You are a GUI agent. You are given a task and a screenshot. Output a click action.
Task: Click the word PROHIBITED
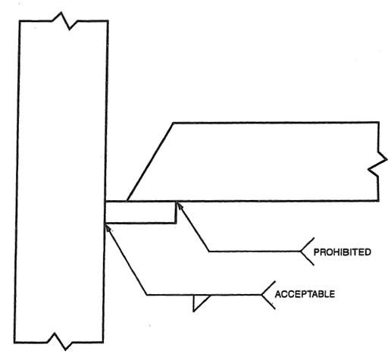click(343, 252)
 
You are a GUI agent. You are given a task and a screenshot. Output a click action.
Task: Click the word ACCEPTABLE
click(305, 294)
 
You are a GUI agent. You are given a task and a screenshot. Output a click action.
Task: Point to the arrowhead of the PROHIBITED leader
click(179, 206)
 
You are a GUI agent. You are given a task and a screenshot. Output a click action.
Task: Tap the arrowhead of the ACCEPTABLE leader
click(108, 227)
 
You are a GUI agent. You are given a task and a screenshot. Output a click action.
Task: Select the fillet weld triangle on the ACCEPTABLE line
click(199, 302)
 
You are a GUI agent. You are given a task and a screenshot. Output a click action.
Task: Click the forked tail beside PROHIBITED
click(307, 252)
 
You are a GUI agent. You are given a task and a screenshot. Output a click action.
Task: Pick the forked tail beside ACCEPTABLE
click(267, 295)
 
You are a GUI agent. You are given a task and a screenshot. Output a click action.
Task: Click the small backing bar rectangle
click(140, 212)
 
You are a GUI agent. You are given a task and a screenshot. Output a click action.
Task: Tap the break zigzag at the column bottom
click(60, 342)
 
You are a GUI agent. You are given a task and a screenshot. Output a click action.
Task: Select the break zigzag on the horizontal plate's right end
click(378, 161)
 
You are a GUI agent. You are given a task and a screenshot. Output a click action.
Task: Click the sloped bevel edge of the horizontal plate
click(150, 162)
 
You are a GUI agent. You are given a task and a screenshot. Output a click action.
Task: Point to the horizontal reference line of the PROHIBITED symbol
click(255, 252)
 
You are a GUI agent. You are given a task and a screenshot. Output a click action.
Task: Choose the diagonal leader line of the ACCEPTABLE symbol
click(127, 260)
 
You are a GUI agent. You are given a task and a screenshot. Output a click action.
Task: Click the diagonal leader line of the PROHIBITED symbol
click(193, 227)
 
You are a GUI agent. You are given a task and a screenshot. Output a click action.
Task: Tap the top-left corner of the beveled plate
click(174, 123)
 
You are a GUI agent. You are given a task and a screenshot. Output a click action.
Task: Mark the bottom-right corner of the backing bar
click(176, 224)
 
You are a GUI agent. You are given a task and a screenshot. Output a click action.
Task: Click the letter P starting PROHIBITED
click(316, 252)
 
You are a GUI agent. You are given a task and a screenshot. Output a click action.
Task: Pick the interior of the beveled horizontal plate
click(265, 161)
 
